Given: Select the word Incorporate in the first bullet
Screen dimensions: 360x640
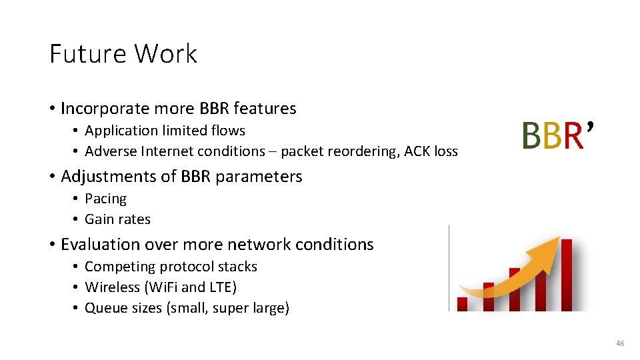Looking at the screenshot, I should click(x=104, y=108).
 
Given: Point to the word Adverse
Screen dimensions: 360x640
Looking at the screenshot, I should click(x=111, y=151).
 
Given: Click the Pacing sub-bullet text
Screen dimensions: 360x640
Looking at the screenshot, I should click(x=105, y=199).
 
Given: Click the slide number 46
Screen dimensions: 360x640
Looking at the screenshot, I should click(x=620, y=343).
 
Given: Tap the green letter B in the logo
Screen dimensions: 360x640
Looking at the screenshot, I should click(x=531, y=135).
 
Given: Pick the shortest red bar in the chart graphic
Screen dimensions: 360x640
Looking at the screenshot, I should click(x=462, y=304).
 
